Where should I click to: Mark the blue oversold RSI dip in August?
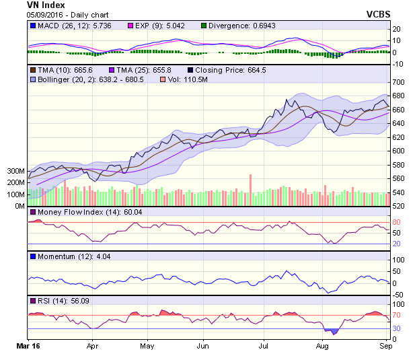tap(331, 330)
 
